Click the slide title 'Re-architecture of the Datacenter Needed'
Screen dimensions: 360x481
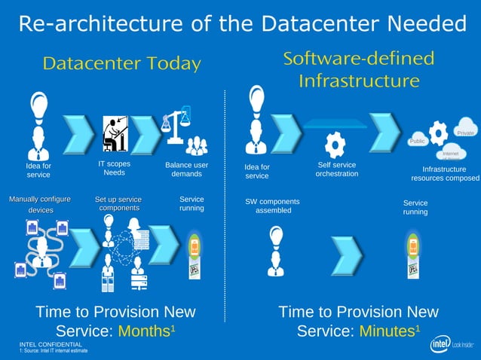click(x=241, y=23)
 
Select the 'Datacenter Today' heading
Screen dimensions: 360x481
click(x=121, y=63)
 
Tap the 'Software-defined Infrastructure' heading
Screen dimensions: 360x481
click(x=358, y=69)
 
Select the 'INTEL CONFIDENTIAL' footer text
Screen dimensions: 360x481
click(x=51, y=344)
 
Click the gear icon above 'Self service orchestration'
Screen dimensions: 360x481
click(x=335, y=143)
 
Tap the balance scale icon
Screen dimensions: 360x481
click(x=175, y=125)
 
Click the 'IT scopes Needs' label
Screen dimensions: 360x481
click(x=115, y=168)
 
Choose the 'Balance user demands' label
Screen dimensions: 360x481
click(x=186, y=169)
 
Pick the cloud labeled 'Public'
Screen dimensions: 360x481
click(x=418, y=141)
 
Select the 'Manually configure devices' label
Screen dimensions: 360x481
click(x=40, y=204)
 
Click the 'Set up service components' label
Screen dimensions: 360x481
click(x=118, y=203)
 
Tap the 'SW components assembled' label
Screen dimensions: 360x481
click(x=272, y=206)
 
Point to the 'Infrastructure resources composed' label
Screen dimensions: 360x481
click(x=444, y=174)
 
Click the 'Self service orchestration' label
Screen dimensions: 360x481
click(x=336, y=169)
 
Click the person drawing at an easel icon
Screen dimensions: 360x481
click(x=115, y=133)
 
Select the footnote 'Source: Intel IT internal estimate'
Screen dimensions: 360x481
click(x=55, y=351)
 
